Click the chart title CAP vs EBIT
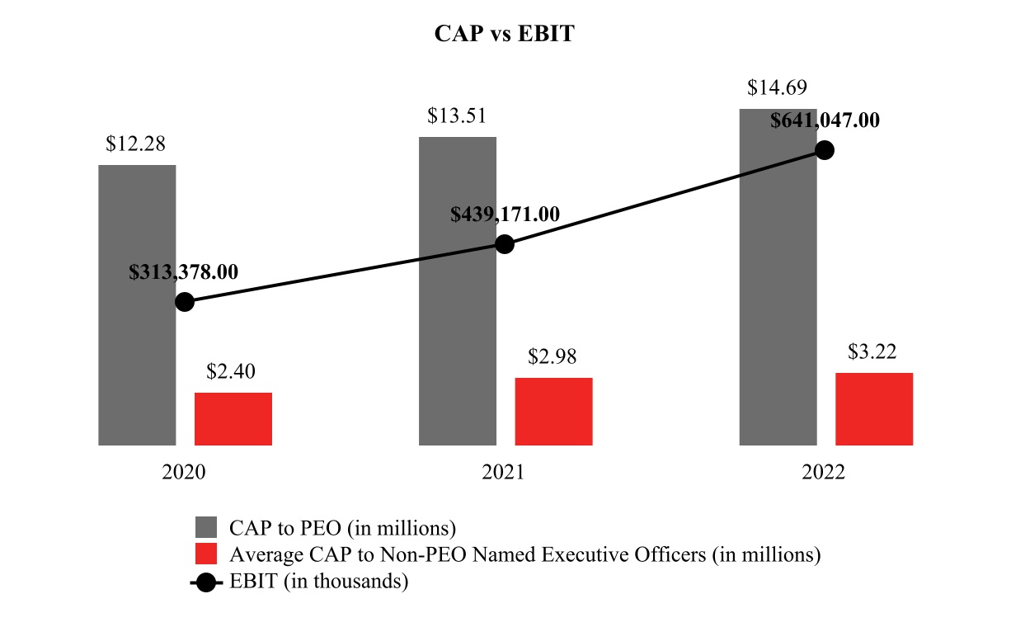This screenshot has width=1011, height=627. (504, 35)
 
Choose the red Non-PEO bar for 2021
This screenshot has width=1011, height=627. (553, 412)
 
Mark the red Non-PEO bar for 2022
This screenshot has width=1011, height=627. (874, 409)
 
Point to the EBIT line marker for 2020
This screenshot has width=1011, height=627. (185, 302)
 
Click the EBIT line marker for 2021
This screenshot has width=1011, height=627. (505, 244)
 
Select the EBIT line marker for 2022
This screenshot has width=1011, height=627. (825, 150)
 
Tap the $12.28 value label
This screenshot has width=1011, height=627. (135, 144)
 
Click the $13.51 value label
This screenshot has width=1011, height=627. (457, 115)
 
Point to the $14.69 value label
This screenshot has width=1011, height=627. (777, 87)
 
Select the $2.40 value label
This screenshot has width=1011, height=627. (232, 372)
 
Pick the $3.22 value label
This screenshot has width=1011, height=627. (872, 352)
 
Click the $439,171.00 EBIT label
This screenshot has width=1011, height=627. (505, 214)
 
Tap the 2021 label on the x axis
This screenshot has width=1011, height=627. (504, 473)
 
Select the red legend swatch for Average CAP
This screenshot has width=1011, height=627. (206, 554)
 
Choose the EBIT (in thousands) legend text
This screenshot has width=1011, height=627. (319, 581)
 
